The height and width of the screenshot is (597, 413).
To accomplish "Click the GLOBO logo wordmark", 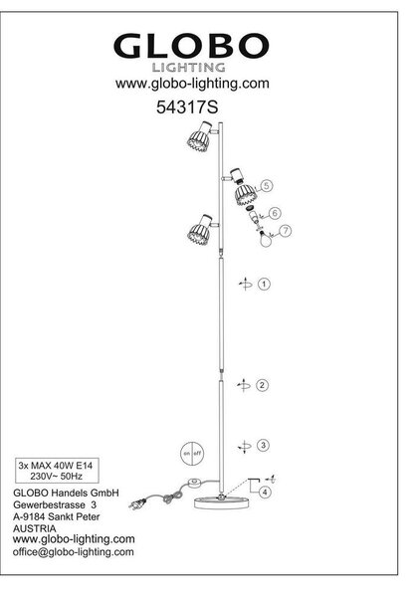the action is pos(191,46).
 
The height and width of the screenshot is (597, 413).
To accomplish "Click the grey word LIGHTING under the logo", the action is pos(189,68).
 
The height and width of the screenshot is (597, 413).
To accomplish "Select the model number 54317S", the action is pos(187,107).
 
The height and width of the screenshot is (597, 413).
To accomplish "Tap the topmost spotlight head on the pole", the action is pos(199,136).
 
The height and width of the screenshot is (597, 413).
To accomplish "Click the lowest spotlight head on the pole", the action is pos(199,230).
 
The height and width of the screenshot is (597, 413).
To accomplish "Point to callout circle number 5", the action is pos(266,186).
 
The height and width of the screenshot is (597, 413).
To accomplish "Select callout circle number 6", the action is pos(275,213).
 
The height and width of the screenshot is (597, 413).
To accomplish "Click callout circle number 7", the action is pos(285,231).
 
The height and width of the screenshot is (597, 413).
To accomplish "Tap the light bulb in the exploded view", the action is pos(266,239).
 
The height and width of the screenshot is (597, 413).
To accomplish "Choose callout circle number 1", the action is pos(264,284).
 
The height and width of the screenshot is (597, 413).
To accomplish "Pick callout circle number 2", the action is pos(262,385).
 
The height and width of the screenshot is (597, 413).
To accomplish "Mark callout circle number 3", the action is pos(263,445).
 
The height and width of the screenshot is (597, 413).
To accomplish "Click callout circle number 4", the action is pos(265,492).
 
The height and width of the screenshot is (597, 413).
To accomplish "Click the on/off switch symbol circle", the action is pos(192,453).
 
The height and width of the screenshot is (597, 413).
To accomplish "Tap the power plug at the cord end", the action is pos(137,504).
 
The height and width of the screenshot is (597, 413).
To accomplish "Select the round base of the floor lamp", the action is pos(222,502).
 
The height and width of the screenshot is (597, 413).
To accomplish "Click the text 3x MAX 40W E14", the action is pos(56,466).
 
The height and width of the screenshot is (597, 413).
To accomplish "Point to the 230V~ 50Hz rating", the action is pos(57,476).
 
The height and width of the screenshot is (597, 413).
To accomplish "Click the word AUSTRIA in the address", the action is pos(34,528).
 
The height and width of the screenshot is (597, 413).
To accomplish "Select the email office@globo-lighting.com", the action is pos(73,552).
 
